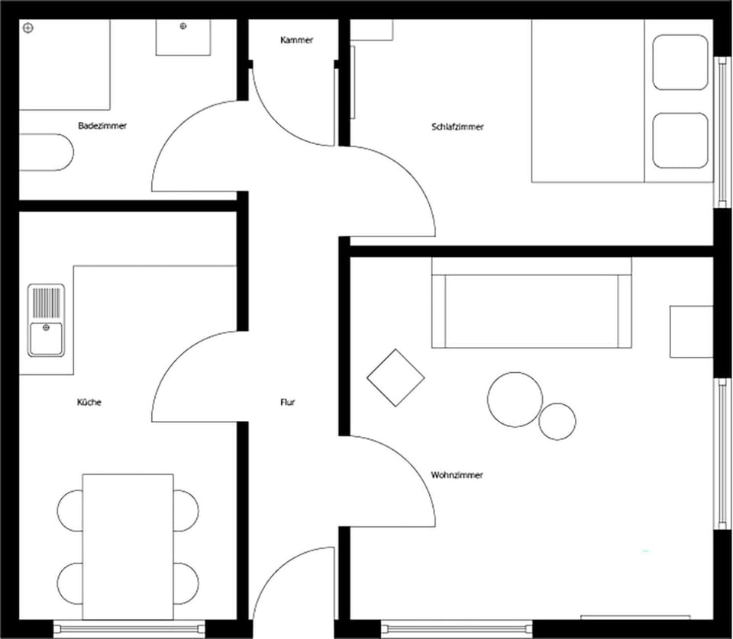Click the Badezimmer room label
(x=102, y=126)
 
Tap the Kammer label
(x=297, y=40)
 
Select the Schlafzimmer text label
(x=457, y=127)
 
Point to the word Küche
(x=89, y=402)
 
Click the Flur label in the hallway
(x=288, y=402)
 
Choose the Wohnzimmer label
(x=457, y=475)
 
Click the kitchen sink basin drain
(x=46, y=328)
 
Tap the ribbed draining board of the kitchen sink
(x=47, y=303)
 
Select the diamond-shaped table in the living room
(x=396, y=377)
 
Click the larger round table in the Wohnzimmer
(x=515, y=400)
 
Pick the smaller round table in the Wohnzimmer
(x=557, y=422)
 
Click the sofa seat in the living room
(x=531, y=311)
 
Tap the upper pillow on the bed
(x=680, y=62)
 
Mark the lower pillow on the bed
(x=680, y=140)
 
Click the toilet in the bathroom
(x=47, y=153)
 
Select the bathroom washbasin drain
(x=183, y=26)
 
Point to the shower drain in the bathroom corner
(x=28, y=28)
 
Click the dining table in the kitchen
(x=128, y=547)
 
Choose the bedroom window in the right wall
(x=722, y=132)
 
